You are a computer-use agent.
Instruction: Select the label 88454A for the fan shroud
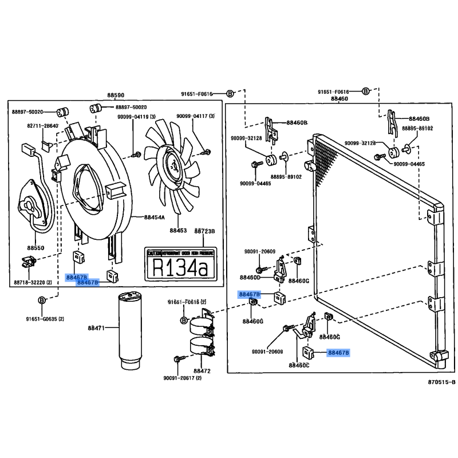click(154, 218)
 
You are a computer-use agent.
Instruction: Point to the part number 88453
click(178, 231)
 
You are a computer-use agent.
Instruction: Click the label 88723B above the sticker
click(204, 231)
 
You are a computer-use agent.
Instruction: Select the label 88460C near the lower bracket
click(298, 365)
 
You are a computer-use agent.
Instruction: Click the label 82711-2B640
click(42, 125)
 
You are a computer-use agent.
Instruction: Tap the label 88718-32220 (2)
click(33, 283)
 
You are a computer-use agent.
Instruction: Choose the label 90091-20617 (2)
click(183, 378)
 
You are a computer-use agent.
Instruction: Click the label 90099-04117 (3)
click(195, 117)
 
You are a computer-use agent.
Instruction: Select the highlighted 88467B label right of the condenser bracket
click(338, 353)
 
